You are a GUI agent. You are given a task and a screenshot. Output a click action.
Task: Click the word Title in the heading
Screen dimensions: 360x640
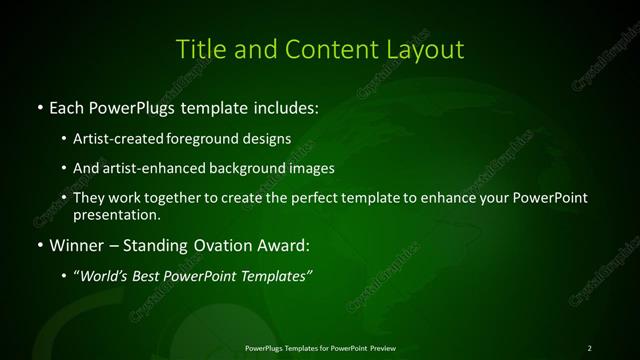pos(199,49)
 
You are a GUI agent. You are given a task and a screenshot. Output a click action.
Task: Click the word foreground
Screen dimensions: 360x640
pos(202,140)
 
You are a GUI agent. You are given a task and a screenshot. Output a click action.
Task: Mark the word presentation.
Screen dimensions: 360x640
pos(116,214)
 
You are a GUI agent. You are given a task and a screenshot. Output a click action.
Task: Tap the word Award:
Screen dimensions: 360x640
pos(281,245)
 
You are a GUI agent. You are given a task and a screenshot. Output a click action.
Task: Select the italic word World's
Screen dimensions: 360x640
pos(105,276)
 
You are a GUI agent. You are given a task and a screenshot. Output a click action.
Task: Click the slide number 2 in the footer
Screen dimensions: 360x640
pos(589,348)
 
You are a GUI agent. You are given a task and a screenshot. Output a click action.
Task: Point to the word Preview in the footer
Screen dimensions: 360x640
pos(383,348)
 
